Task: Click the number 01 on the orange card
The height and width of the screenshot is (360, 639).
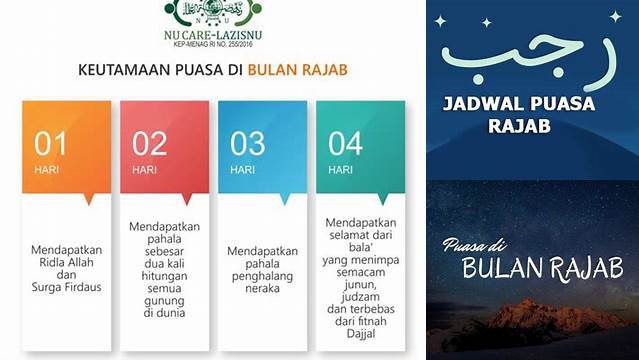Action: tap(50, 144)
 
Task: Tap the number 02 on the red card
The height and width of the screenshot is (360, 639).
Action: tap(149, 144)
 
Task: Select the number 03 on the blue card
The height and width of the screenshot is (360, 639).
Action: tap(247, 144)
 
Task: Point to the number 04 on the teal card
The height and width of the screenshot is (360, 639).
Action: tap(345, 144)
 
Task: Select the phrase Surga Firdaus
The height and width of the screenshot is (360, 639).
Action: tap(66, 288)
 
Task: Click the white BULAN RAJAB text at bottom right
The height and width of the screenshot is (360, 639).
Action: tap(542, 269)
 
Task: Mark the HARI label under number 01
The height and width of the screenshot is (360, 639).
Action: tap(47, 169)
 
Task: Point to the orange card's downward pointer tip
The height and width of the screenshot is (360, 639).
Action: tap(88, 202)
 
